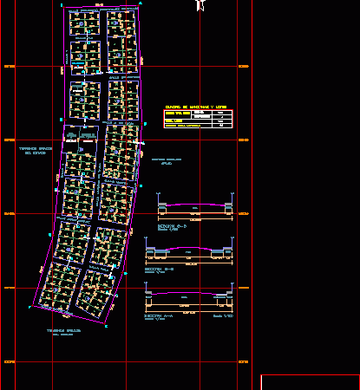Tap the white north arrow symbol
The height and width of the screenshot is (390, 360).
201,6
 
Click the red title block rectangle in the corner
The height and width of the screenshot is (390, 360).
310,381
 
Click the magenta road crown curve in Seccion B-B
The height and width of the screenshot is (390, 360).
191,249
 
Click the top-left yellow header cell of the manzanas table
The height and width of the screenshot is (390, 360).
178,113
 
